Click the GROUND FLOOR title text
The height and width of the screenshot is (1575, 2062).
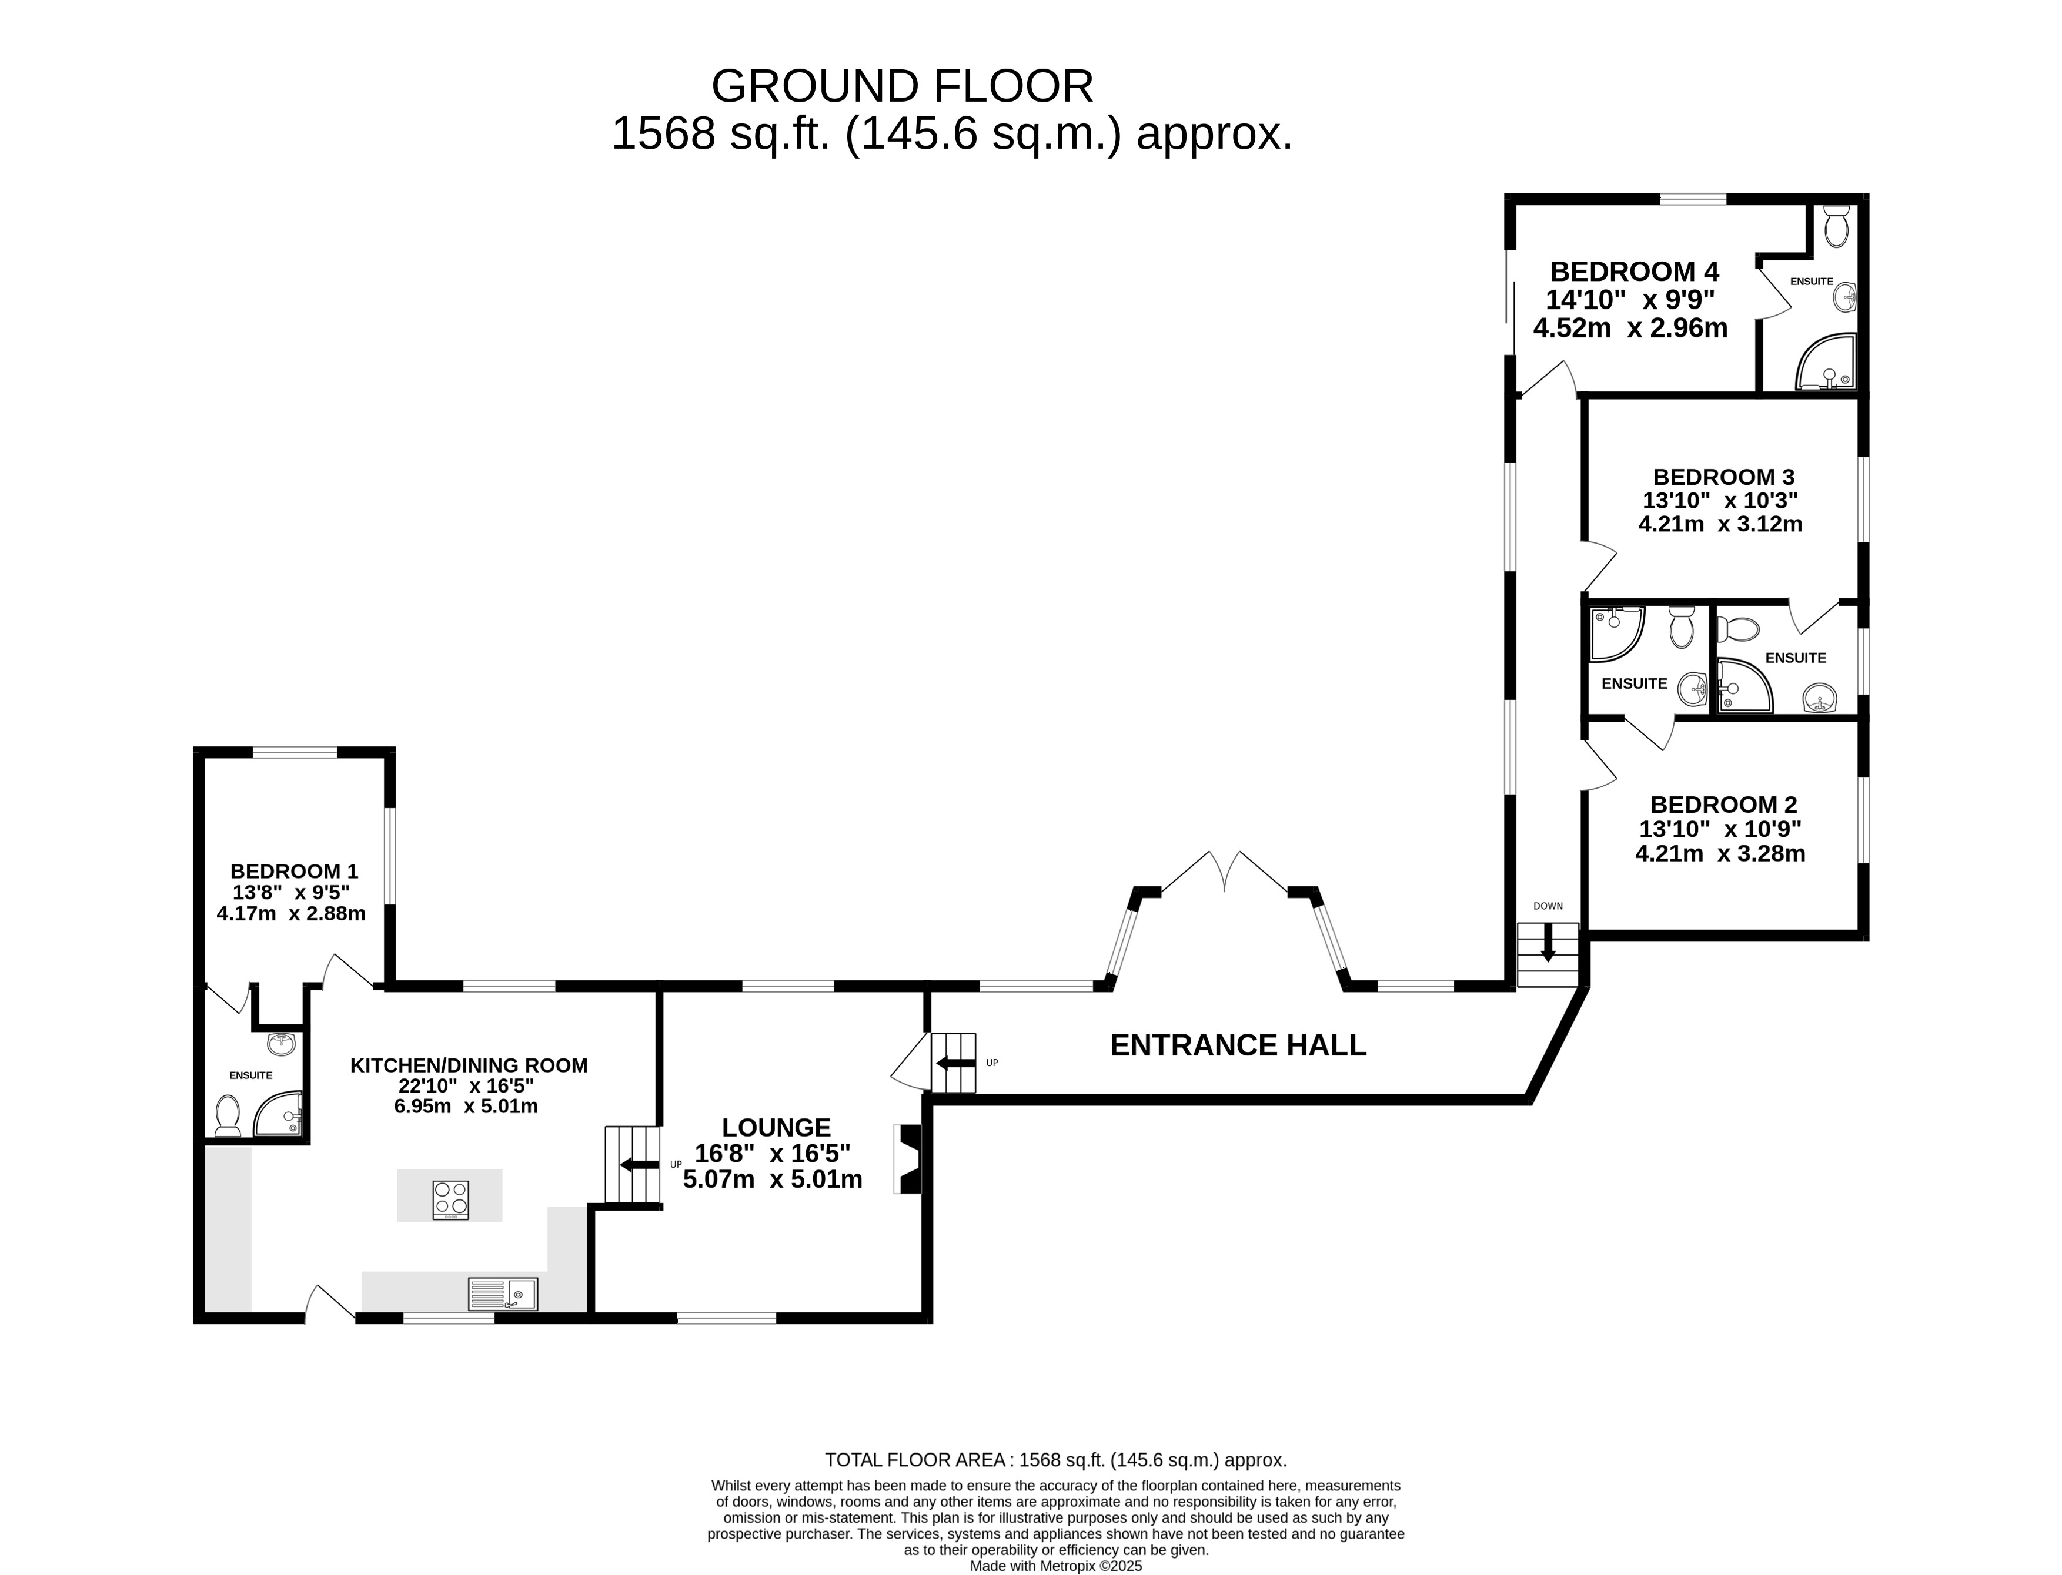pyautogui.click(x=902, y=86)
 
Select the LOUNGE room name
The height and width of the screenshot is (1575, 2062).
pyautogui.click(x=777, y=1128)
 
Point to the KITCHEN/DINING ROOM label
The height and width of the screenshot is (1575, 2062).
pyautogui.click(x=469, y=1066)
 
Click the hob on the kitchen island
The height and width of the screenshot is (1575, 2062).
pyautogui.click(x=451, y=1200)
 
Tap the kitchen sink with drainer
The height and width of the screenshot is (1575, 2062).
pyautogui.click(x=503, y=1293)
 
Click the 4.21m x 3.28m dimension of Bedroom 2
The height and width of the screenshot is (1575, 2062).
pyautogui.click(x=1720, y=854)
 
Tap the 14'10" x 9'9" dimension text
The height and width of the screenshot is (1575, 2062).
pyautogui.click(x=1630, y=300)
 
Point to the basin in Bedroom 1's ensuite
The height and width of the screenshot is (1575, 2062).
pyautogui.click(x=281, y=1044)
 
